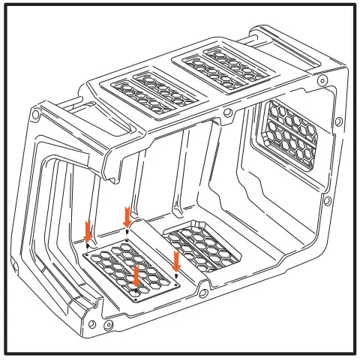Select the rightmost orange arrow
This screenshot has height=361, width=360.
[176, 261]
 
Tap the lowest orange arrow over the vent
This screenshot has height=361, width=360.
[136, 277]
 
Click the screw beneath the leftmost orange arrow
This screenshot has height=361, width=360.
[88, 245]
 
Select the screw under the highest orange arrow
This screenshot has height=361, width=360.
[127, 232]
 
